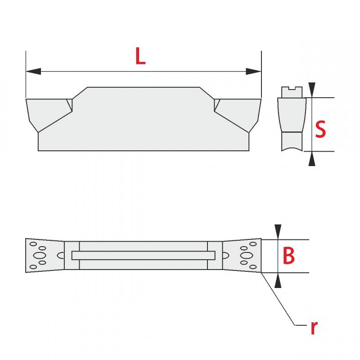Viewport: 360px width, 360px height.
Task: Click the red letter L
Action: pyautogui.click(x=140, y=55)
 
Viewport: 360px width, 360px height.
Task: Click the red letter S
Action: pyautogui.click(x=320, y=129)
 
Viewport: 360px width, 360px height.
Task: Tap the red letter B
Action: pyautogui.click(x=288, y=255)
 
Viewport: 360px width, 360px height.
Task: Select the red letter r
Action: pyautogui.click(x=314, y=328)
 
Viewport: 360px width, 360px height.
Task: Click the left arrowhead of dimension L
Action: pyautogui.click(x=33, y=71)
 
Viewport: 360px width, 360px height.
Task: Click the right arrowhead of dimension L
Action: pyautogui.click(x=253, y=71)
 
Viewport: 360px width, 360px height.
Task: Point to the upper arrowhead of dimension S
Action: pyautogui.click(x=312, y=90)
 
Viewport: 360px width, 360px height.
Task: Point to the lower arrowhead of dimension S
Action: pyautogui.click(x=312, y=159)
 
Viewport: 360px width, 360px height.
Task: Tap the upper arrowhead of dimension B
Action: pyautogui.click(x=278, y=232)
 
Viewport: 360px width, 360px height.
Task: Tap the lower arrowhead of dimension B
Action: pyautogui.click(x=278, y=280)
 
